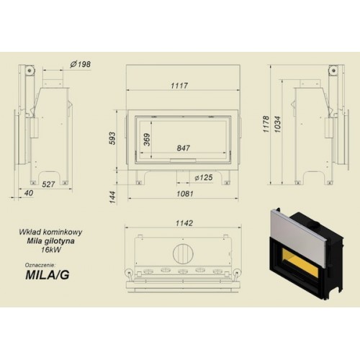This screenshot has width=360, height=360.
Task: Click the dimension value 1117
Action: [179, 86]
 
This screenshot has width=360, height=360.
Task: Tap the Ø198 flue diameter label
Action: [81, 64]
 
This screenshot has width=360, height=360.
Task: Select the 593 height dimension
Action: [112, 138]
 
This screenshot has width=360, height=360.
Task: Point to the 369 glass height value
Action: [147, 140]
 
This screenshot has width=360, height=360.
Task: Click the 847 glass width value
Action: [184, 148]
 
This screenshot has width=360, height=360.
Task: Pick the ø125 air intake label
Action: [204, 178]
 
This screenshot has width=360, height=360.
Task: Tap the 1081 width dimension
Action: [185, 194]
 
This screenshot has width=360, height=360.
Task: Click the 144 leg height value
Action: [112, 197]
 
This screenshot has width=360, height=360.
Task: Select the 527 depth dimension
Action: [48, 184]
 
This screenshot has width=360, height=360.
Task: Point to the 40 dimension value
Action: [29, 193]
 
